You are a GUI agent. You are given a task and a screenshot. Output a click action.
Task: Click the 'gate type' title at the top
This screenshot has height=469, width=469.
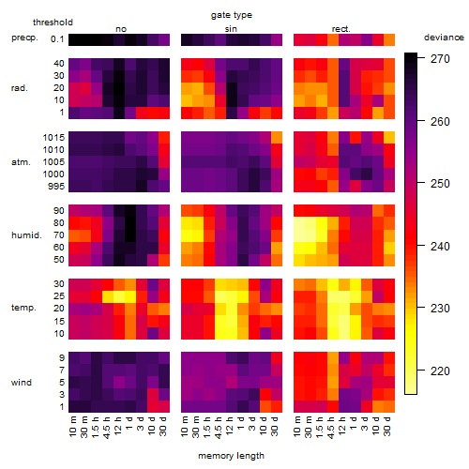[232, 15]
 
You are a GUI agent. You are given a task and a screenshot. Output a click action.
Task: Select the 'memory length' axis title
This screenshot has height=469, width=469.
[231, 456]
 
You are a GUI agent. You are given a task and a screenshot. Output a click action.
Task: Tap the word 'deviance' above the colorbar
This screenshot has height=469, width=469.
[444, 38]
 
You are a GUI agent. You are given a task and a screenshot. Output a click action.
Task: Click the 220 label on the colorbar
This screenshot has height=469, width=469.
[440, 371]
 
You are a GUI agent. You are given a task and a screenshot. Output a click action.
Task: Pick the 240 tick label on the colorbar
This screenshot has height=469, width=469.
[440, 246]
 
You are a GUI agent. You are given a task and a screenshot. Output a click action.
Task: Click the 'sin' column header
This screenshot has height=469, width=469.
[231, 29]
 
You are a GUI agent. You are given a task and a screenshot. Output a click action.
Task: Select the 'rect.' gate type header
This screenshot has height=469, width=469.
[340, 29]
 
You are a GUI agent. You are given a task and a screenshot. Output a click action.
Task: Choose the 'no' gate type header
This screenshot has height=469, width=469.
[121, 29]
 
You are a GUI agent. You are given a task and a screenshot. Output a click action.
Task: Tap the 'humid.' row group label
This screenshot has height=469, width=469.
[26, 234]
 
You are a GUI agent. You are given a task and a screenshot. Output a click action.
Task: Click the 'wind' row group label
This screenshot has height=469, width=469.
[22, 382]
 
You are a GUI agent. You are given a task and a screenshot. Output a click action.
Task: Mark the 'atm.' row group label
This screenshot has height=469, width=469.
[21, 162]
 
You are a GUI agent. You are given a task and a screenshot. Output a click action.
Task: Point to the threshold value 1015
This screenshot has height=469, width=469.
[53, 137]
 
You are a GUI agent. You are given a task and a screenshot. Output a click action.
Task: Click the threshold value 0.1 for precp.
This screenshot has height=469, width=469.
[57, 39]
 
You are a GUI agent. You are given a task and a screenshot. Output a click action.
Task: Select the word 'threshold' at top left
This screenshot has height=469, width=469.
[53, 23]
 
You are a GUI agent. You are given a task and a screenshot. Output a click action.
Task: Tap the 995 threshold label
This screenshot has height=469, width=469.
[56, 186]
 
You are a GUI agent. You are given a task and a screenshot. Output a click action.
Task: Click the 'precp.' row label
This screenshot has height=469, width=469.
[24, 38]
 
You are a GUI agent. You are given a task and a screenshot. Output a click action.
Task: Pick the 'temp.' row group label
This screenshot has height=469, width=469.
[23, 308]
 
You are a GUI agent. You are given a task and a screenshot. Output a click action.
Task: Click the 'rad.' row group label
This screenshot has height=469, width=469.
[19, 88]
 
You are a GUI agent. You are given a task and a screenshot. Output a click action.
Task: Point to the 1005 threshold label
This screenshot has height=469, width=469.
[53, 161]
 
